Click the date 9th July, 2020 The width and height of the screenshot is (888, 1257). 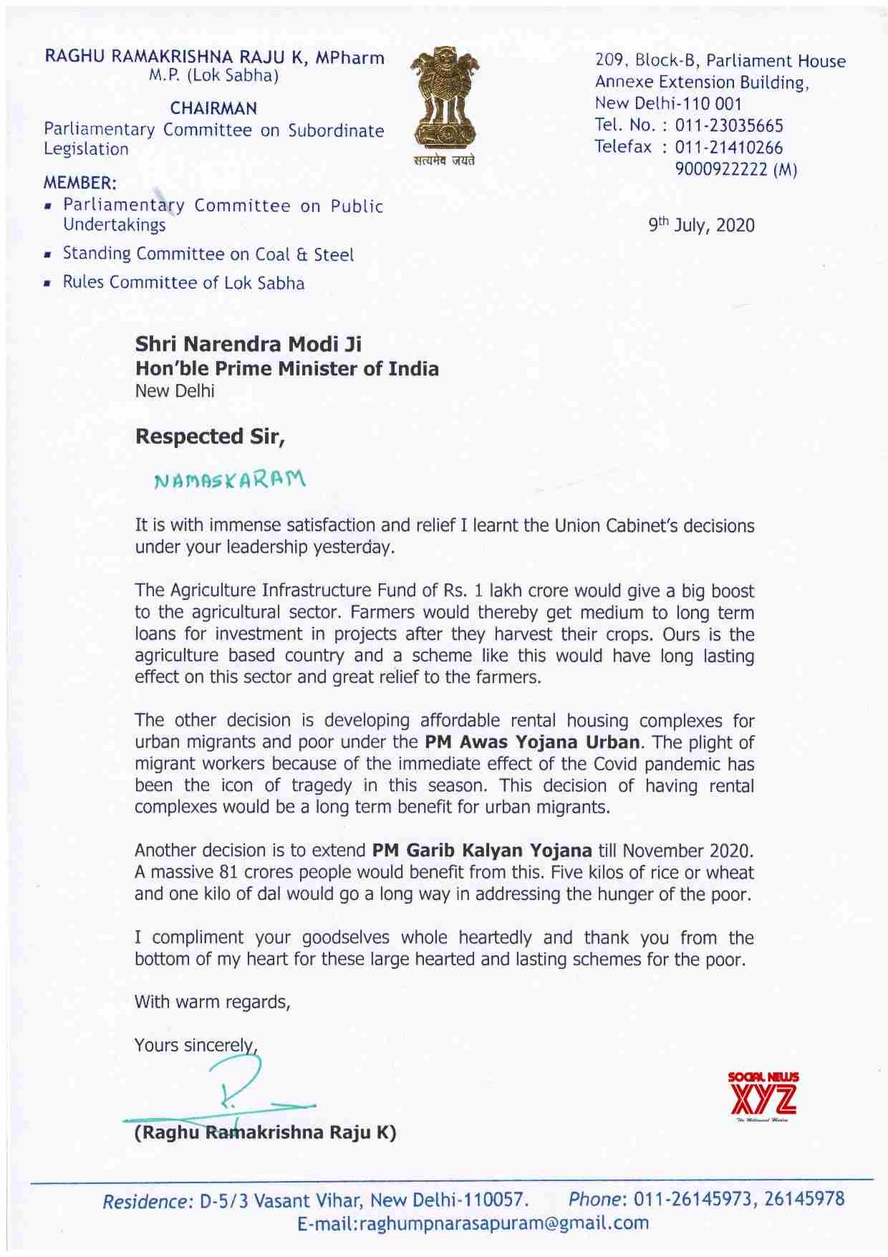(x=701, y=226)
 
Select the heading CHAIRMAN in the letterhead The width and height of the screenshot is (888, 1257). (x=213, y=109)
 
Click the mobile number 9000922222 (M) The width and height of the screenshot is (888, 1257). (x=736, y=170)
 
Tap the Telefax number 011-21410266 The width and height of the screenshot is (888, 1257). (x=729, y=148)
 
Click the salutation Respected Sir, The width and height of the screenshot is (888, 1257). (x=211, y=436)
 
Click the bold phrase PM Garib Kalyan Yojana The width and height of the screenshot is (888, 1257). (x=482, y=851)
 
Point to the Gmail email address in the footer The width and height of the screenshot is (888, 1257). (x=472, y=1223)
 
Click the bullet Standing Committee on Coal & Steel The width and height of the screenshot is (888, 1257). (x=208, y=254)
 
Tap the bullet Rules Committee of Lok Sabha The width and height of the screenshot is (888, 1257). (x=183, y=282)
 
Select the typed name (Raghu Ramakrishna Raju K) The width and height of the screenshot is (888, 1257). (x=266, y=1133)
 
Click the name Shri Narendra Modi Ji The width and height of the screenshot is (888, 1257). (x=248, y=345)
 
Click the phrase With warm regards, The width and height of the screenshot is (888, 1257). (x=212, y=1002)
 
